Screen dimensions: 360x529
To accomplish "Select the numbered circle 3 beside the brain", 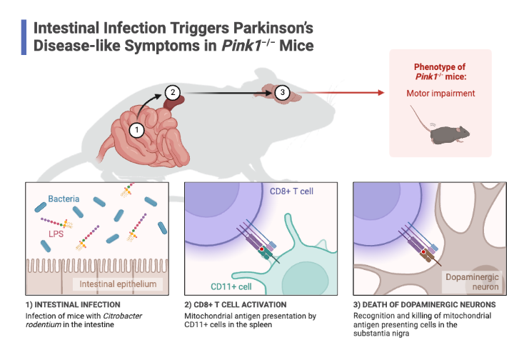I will click(x=282, y=92).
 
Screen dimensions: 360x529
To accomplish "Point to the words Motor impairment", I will click(x=440, y=93).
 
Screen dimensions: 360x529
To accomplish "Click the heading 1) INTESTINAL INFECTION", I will click(x=69, y=305).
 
